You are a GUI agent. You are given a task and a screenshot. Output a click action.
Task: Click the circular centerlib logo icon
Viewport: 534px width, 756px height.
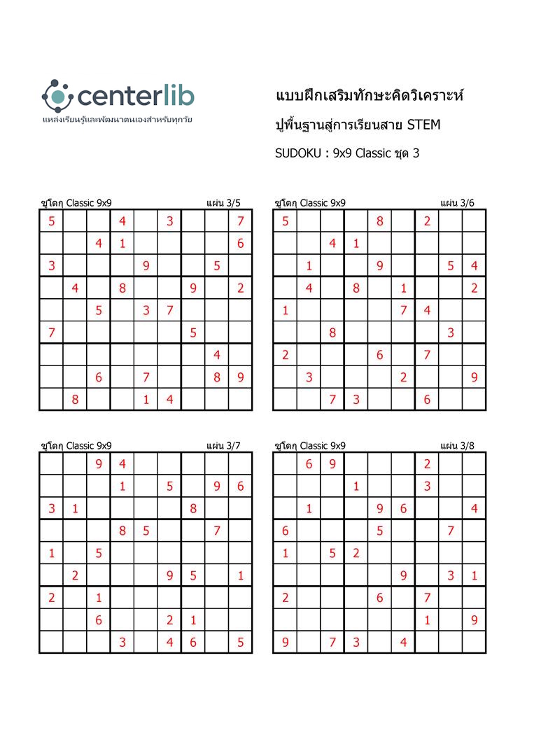click(57, 94)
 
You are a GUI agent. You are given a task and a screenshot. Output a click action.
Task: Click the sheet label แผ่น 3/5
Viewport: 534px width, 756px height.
click(223, 203)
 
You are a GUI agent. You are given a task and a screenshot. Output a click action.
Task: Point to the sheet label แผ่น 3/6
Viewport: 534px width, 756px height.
click(457, 203)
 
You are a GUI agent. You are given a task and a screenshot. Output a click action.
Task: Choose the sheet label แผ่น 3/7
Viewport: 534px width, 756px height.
click(223, 445)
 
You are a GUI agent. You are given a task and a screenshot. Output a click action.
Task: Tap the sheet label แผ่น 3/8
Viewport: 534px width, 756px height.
click(457, 445)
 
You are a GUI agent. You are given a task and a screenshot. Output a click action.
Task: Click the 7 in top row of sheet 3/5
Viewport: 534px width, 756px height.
click(240, 222)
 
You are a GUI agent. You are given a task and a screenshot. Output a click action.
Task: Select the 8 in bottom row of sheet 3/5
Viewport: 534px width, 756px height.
click(74, 399)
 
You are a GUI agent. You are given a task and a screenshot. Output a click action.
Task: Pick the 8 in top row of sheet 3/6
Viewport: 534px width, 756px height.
click(379, 222)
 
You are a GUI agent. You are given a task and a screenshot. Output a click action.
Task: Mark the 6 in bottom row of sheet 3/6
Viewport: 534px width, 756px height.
click(427, 399)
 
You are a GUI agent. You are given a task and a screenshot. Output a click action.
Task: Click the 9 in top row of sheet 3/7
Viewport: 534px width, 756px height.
click(98, 463)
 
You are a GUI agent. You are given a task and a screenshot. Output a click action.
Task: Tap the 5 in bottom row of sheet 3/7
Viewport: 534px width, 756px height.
click(240, 641)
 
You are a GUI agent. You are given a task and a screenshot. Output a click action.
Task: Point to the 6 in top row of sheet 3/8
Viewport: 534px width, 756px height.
click(309, 463)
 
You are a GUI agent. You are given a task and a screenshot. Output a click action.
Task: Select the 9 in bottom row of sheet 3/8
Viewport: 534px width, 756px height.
click(285, 641)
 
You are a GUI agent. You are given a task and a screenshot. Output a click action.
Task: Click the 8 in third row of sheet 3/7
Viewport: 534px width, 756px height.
click(193, 509)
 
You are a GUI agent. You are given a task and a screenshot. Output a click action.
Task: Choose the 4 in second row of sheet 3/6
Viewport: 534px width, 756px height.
click(332, 244)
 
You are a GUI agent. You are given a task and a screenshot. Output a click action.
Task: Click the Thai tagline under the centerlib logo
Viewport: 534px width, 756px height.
click(118, 120)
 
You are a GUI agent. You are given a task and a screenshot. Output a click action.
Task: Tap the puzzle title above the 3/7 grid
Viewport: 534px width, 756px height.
click(76, 445)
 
